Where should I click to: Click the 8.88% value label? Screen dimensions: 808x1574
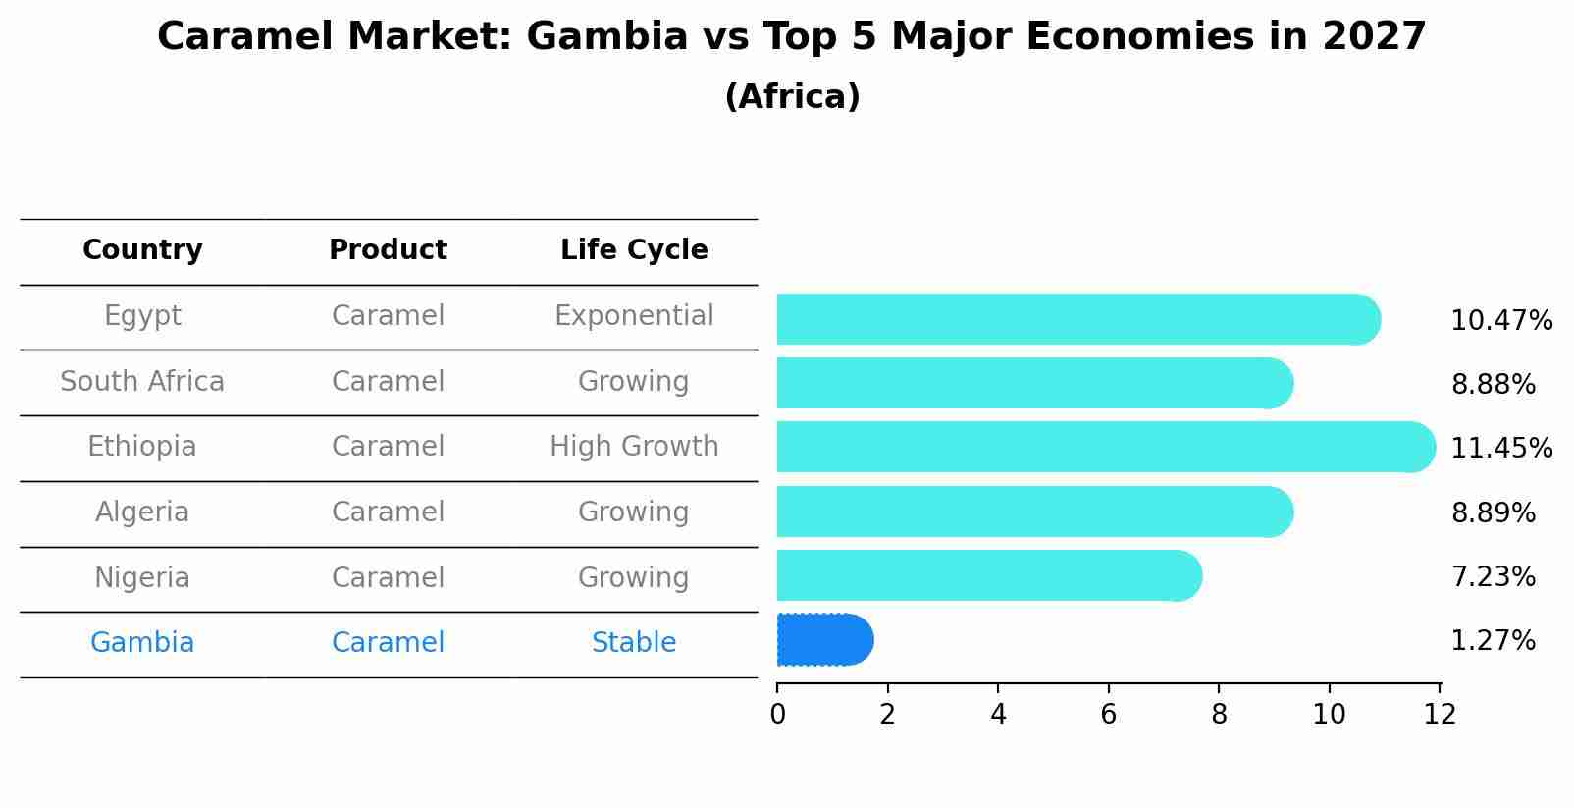(1493, 385)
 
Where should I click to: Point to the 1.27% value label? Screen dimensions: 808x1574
(1493, 641)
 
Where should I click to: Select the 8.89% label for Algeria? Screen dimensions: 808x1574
(1493, 513)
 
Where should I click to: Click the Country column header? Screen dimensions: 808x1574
(142, 250)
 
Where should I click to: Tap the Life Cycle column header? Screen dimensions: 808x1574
(634, 250)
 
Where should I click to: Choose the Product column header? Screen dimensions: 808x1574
(388, 250)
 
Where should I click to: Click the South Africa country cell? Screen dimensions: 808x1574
(142, 382)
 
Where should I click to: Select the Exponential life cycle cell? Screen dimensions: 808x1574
(634, 316)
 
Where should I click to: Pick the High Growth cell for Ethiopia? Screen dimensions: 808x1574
(634, 447)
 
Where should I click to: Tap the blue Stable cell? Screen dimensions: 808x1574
(634, 643)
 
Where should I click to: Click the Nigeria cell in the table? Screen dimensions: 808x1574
(142, 578)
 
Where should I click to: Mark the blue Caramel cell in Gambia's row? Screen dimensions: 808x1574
(388, 643)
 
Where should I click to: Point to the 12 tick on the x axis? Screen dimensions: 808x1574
(1440, 715)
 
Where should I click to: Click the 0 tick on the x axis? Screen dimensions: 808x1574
(777, 715)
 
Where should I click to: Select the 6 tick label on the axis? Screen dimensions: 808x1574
(1109, 715)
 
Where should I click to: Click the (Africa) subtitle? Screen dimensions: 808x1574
(792, 97)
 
